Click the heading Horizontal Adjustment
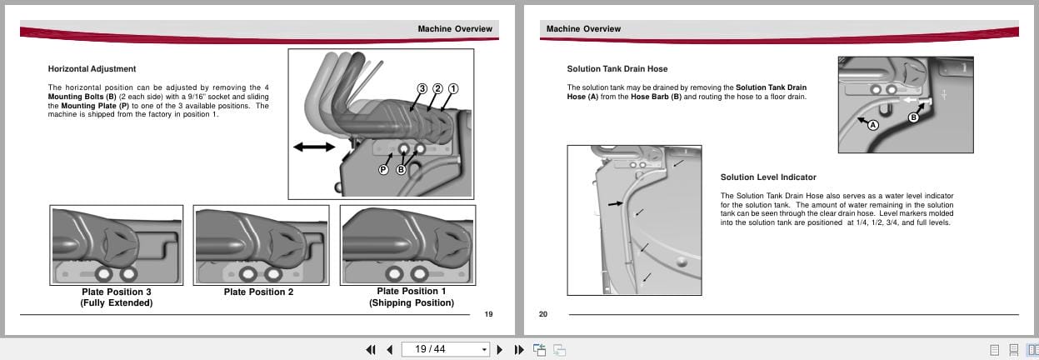[92, 68]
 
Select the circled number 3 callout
[422, 88]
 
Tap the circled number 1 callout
[453, 88]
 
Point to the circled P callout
[383, 169]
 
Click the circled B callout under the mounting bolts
[401, 169]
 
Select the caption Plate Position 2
[259, 292]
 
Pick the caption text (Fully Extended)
[117, 303]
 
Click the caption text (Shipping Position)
[412, 303]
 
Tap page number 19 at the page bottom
[489, 314]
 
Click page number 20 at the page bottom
[543, 314]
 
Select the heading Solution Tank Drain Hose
[617, 68]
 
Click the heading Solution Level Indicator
[768, 177]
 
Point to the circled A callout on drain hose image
[873, 125]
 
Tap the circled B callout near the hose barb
[913, 117]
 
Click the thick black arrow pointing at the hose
[614, 202]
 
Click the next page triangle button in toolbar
[500, 349]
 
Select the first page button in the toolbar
[370, 349]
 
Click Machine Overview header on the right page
[583, 28]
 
